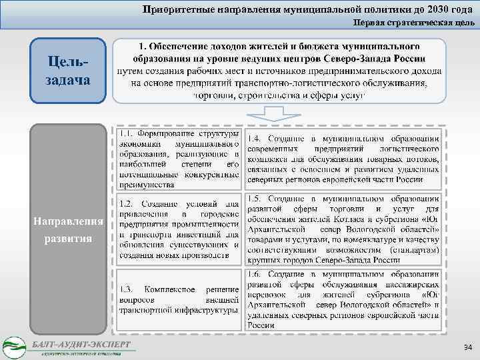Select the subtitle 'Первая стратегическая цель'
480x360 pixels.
point(414,22)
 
